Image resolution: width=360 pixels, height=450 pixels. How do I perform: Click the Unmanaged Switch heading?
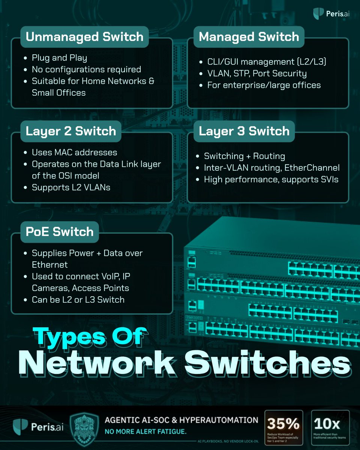[84, 37]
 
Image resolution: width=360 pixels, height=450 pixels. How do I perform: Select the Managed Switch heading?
[249, 37]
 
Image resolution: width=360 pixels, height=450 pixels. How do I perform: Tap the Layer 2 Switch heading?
[70, 131]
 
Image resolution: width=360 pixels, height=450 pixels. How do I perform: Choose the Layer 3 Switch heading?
[244, 131]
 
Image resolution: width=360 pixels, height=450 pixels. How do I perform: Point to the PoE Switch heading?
[59, 232]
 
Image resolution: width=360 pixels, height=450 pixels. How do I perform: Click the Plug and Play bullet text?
[59, 58]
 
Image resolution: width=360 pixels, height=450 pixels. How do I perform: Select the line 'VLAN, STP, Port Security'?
[257, 73]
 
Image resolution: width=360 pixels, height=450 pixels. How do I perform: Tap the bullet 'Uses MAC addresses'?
[74, 152]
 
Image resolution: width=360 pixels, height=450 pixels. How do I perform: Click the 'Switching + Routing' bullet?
[244, 156]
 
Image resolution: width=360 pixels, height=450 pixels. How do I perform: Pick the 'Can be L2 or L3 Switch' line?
[78, 299]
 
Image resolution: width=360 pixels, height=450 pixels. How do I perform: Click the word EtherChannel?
[316, 168]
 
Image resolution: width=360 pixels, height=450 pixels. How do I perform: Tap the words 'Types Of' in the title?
[89, 336]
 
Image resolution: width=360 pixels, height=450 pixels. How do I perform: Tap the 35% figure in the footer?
[283, 424]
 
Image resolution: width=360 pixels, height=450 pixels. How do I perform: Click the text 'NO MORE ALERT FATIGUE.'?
[145, 432]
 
